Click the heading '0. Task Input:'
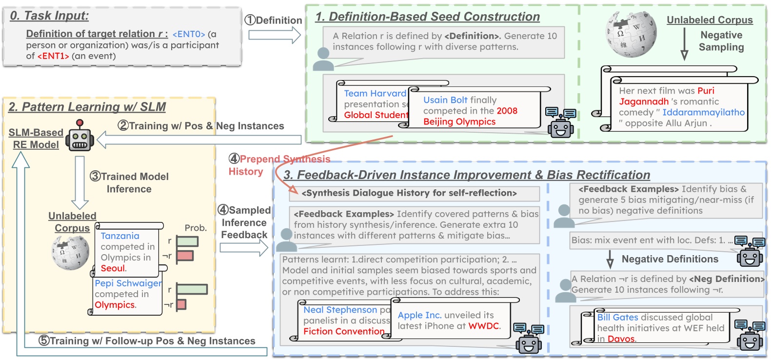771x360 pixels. point(49,16)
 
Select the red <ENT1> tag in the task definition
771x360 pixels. point(53,56)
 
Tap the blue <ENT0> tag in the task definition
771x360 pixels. point(189,34)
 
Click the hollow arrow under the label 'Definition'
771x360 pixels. point(275,35)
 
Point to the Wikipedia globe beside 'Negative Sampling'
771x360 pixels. point(631,34)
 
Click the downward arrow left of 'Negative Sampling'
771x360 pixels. point(684,44)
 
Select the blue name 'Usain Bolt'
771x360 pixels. point(445,100)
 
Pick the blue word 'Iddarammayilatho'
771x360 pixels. point(704,112)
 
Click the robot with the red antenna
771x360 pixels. point(80,136)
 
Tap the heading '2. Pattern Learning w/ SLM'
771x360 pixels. point(87,107)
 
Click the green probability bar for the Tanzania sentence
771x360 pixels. point(187,241)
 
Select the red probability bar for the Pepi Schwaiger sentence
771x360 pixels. point(181,304)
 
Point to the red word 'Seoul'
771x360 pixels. point(113,268)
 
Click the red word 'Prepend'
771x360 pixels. point(260,159)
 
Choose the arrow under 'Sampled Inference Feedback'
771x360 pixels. point(244,248)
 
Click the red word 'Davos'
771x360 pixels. point(621,339)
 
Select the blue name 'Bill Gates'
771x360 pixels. point(617,318)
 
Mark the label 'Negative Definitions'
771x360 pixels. point(670,259)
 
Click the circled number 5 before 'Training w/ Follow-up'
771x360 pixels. point(44,340)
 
